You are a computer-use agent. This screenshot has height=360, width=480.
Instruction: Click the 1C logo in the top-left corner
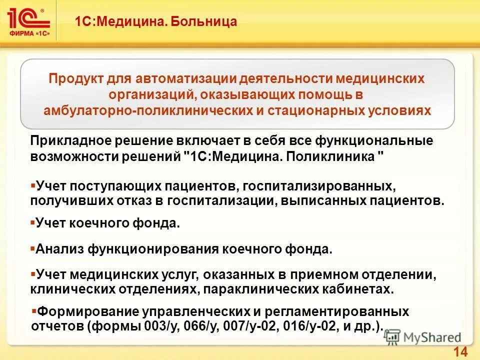pyautogui.click(x=29, y=20)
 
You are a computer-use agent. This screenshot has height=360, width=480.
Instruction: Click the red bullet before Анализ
pyautogui.click(x=32, y=247)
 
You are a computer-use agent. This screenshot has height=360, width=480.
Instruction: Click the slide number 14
pyautogui.click(x=460, y=351)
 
